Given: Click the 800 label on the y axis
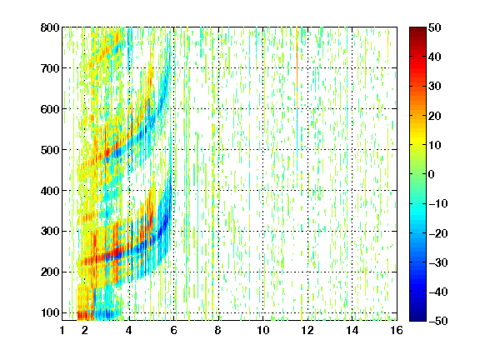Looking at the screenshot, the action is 50,27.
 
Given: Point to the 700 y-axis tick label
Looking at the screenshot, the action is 50,68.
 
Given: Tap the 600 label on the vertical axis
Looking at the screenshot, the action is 50,109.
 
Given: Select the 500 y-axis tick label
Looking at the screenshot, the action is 50,150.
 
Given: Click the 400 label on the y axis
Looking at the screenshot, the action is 50,190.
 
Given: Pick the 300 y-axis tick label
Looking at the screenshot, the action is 50,231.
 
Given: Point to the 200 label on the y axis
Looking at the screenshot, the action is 50,272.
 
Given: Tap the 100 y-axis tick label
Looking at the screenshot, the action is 50,312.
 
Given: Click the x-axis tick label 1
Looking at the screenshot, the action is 62,330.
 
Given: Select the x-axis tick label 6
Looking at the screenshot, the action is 174,330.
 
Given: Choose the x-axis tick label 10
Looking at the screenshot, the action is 263,330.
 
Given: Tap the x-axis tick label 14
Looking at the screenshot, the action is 352,330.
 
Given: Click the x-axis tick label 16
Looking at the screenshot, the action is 397,330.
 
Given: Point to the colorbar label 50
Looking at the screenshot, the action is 435,27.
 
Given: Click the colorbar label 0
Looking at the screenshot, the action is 432,174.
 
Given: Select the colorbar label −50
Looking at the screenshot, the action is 438,321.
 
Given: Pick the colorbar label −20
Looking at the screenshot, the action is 438,233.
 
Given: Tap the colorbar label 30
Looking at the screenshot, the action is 435,86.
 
